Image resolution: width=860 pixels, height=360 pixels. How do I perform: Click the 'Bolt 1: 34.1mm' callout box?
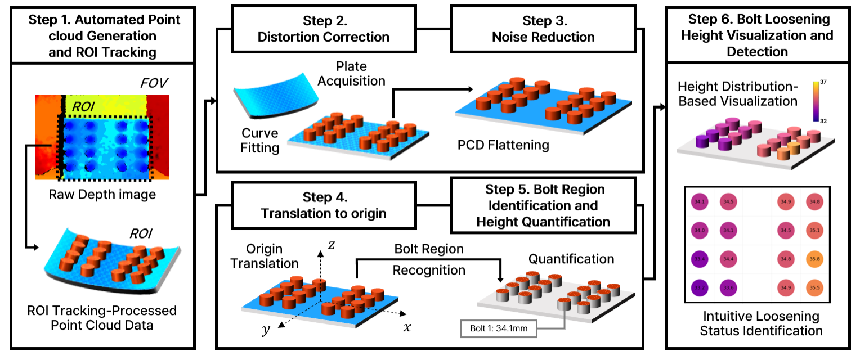click(499, 328)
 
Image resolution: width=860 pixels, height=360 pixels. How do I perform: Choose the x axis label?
click(407, 327)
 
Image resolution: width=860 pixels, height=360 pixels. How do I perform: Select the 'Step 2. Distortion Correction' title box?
click(323, 29)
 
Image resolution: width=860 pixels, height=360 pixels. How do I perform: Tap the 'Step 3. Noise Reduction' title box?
click(543, 29)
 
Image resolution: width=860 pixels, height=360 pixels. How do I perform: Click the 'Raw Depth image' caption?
click(101, 195)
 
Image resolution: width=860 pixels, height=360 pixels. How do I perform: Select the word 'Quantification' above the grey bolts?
click(571, 259)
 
